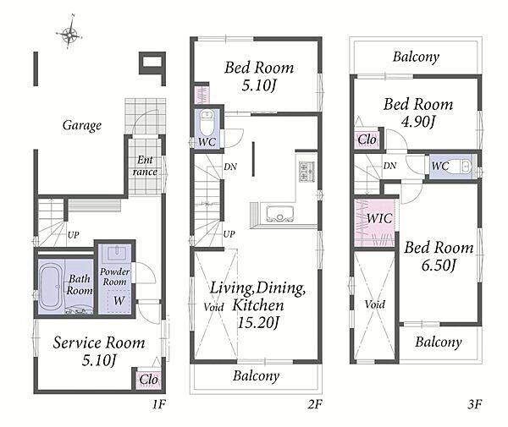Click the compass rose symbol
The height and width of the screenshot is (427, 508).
click(69, 32)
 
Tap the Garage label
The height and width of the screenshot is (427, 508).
click(82, 125)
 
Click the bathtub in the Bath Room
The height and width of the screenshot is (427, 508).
click(51, 286)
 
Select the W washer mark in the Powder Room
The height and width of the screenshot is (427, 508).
click(119, 300)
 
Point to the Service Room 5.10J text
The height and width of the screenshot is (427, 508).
click(99, 351)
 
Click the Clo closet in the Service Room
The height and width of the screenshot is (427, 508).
click(149, 379)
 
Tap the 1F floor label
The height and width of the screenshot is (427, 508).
click(159, 404)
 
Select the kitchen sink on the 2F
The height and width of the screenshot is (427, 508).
click(280, 214)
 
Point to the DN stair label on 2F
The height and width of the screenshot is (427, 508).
click(230, 167)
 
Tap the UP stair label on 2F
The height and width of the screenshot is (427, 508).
click(229, 234)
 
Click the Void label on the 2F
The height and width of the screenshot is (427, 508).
click(214, 307)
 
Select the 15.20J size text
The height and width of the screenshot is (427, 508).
click(258, 322)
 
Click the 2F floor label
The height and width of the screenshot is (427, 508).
click(315, 404)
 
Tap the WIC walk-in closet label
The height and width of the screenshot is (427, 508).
click(379, 218)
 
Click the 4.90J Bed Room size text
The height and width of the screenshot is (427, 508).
click(418, 122)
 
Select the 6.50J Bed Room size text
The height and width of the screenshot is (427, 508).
click(439, 266)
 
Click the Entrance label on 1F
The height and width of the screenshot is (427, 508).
click(145, 166)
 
